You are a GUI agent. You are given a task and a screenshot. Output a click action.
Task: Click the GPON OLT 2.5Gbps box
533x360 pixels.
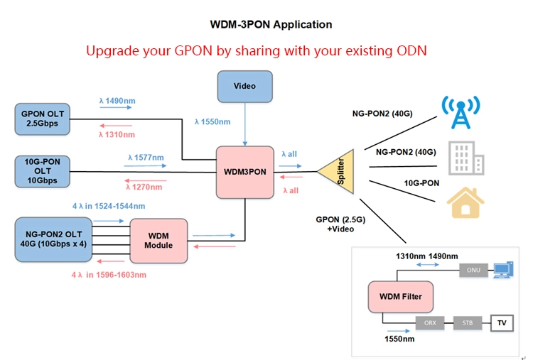coord(42,119)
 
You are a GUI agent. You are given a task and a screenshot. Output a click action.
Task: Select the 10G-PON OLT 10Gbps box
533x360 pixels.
coord(42,171)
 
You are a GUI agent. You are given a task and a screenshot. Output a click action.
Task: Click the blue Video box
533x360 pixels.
coord(245,87)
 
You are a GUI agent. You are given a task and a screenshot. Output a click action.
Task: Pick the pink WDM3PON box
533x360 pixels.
coord(245,171)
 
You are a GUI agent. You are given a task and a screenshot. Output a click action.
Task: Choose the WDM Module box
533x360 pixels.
coord(158,239)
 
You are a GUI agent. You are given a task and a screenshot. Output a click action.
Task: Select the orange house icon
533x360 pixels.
coord(461,202)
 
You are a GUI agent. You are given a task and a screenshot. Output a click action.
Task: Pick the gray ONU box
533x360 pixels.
coord(473,270)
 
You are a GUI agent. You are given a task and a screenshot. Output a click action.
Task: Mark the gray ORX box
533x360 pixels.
coord(430,322)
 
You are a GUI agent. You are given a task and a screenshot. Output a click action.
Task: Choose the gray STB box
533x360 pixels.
coord(467,322)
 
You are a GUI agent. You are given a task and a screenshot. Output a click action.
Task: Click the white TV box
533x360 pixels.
coord(502,322)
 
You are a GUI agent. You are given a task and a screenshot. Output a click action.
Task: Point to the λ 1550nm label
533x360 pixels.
coord(212,122)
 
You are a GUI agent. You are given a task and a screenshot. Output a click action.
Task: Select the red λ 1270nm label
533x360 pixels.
coord(144,187)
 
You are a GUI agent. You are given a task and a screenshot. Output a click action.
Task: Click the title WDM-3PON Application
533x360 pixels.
coord(271,24)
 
